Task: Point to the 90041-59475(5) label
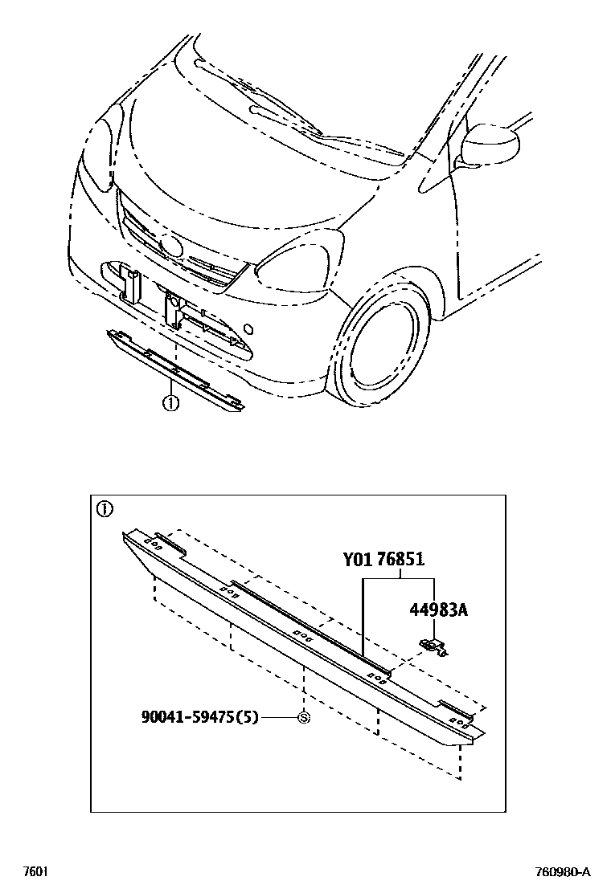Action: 200,718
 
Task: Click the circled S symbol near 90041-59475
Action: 304,718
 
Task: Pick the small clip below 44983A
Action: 433,645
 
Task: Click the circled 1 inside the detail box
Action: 105,509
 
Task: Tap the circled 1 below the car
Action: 170,404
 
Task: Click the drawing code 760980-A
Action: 563,872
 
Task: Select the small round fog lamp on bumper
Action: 250,328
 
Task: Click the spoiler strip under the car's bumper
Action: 173,369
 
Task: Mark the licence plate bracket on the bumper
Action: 172,308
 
